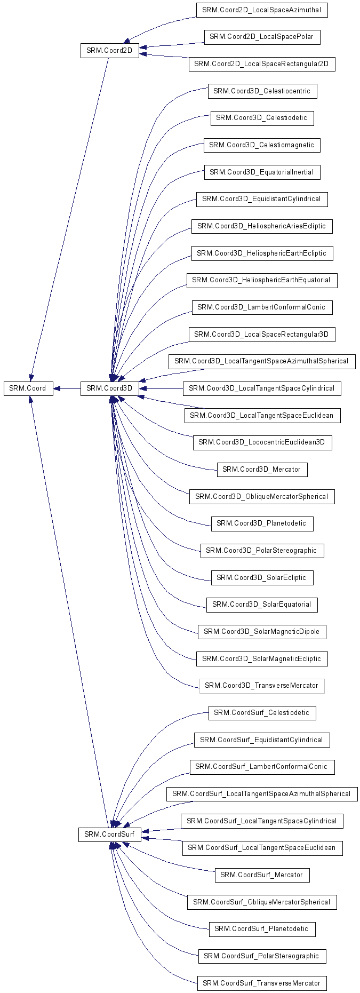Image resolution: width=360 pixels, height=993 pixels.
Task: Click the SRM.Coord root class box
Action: coord(28,388)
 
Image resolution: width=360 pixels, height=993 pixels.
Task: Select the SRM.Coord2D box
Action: coord(109,51)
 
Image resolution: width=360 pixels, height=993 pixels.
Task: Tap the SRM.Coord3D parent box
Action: coord(109,388)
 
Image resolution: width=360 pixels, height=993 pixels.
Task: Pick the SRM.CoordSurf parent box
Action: coord(110,835)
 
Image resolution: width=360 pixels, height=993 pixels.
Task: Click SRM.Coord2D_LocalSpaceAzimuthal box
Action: coord(262,10)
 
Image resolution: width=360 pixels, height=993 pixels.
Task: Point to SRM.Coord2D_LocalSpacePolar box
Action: coord(262,37)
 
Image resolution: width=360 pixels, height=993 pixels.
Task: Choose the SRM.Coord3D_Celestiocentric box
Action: coord(262,91)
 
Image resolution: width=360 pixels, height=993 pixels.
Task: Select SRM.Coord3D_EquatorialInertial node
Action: coord(262,172)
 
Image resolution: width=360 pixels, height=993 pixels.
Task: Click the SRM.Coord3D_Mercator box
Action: coord(262,470)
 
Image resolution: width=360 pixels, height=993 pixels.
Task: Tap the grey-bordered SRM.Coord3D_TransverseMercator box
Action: coord(262,686)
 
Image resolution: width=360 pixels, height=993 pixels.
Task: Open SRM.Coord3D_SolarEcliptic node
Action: coord(262,578)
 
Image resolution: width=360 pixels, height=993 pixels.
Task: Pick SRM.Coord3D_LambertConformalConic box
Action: coord(262,307)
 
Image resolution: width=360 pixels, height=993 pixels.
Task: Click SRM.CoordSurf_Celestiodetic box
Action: coord(262,713)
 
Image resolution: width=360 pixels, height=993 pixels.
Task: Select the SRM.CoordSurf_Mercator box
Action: coord(262,875)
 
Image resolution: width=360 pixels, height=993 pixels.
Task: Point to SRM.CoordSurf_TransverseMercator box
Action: coord(262,983)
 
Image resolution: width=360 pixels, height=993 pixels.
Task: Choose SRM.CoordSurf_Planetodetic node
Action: coord(262,929)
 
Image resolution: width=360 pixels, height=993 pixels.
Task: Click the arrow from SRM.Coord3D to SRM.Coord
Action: coord(67,388)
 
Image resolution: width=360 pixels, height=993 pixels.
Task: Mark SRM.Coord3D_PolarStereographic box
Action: coord(262,551)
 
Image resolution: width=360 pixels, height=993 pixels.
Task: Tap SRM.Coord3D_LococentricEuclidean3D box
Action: coord(262,442)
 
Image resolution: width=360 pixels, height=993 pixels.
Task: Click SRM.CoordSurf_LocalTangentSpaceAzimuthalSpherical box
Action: coord(262,794)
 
